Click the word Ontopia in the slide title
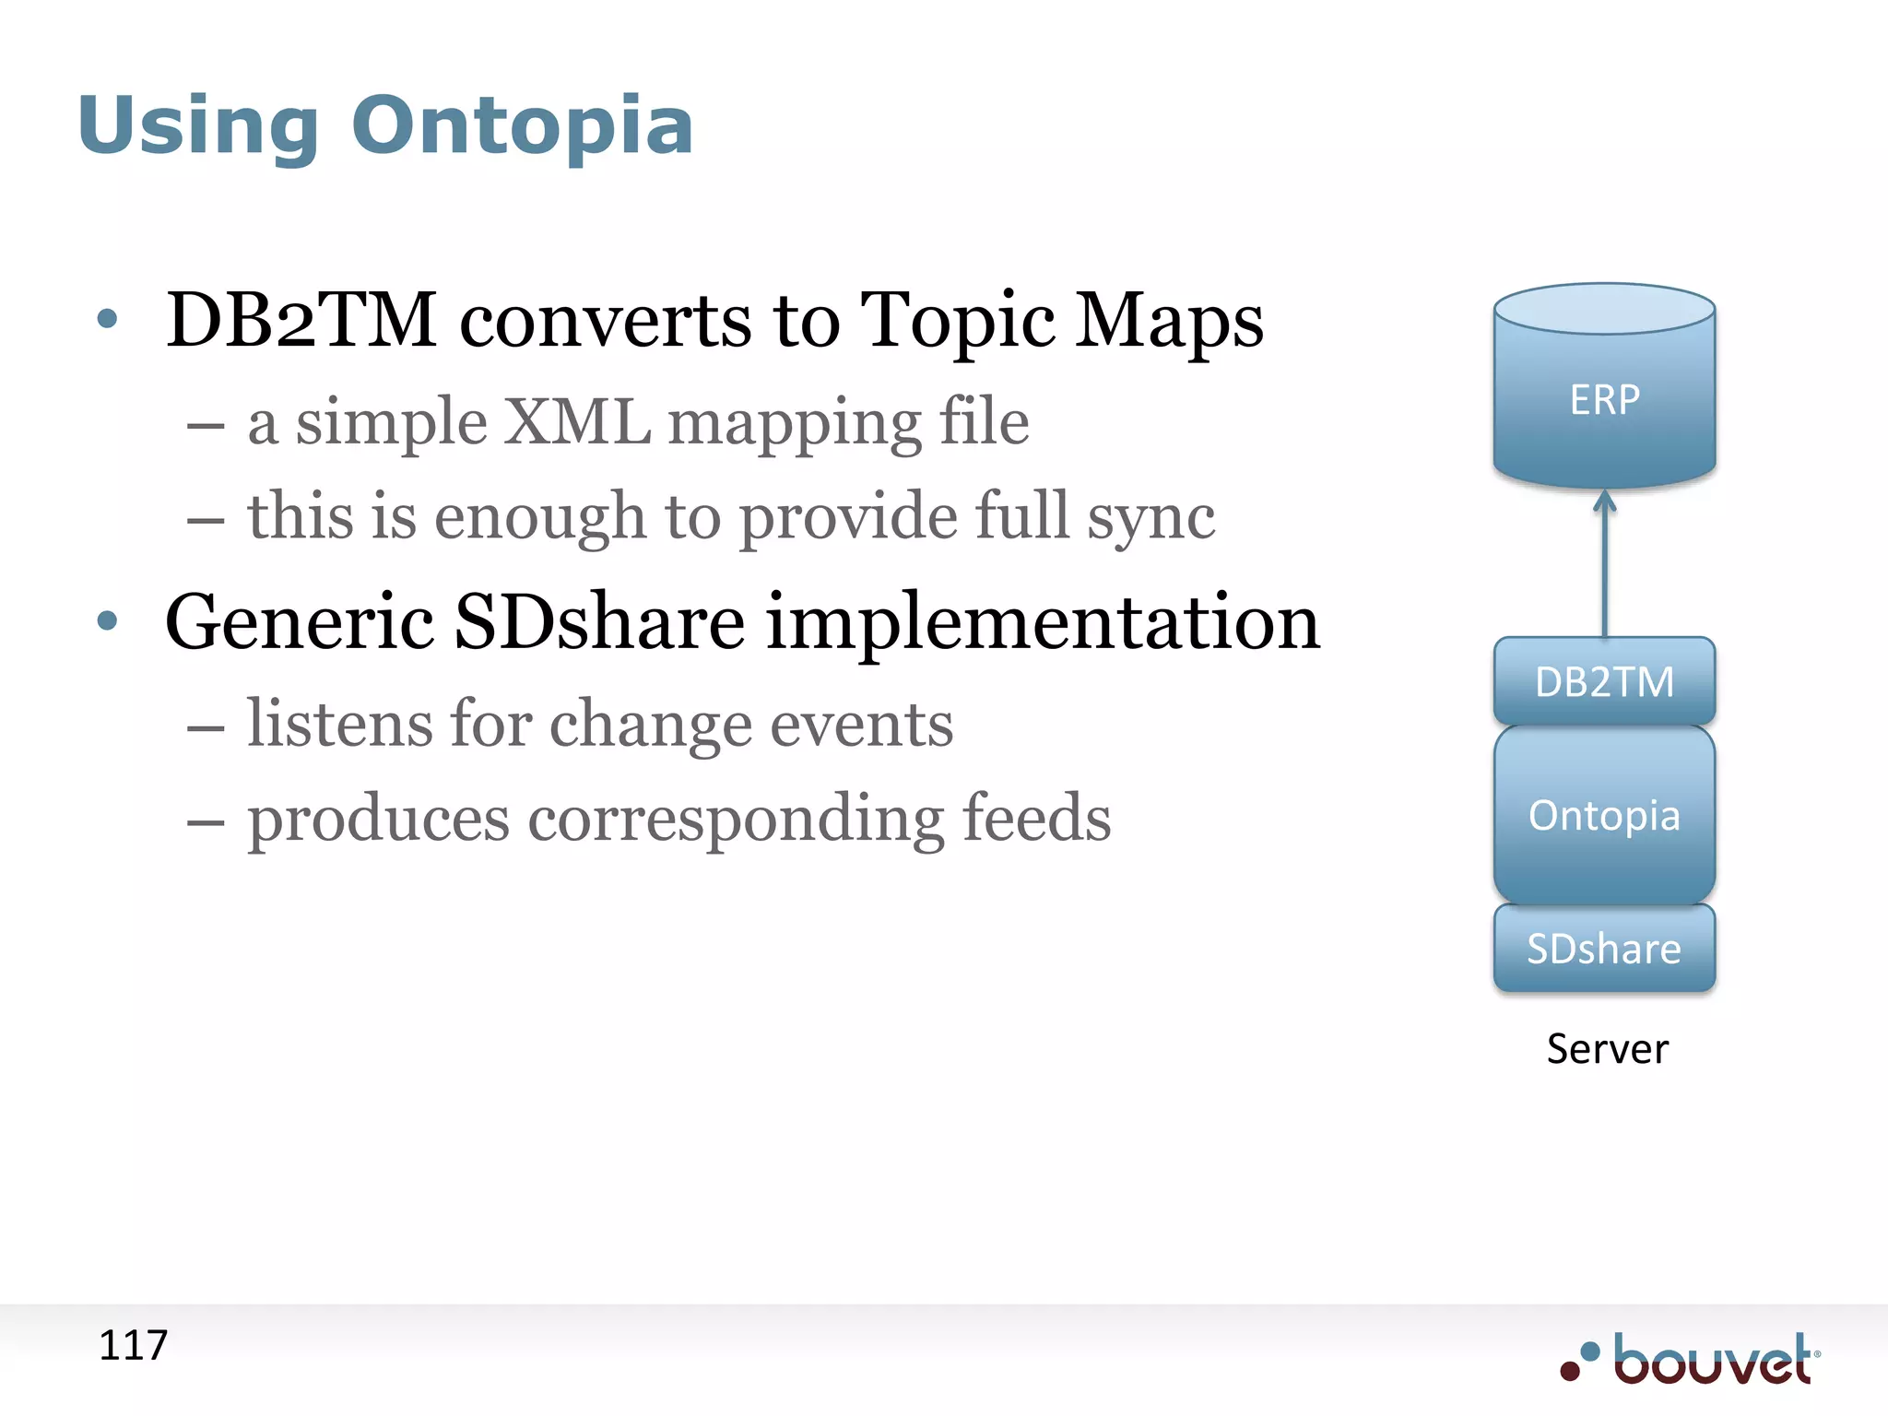pyautogui.click(x=522, y=126)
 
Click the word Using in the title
pyautogui.click(x=198, y=126)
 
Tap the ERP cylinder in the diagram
pyautogui.click(x=1604, y=398)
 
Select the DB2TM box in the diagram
pyautogui.click(x=1604, y=681)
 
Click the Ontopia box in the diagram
pyautogui.click(x=1604, y=815)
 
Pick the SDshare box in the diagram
pyautogui.click(x=1604, y=949)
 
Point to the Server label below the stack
pyautogui.click(x=1607, y=1049)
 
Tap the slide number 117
pyautogui.click(x=133, y=1345)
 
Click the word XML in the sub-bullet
pyautogui.click(x=578, y=423)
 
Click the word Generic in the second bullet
pyautogui.click(x=299, y=622)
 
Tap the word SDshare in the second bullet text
pyautogui.click(x=599, y=622)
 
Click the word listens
pyautogui.click(x=338, y=724)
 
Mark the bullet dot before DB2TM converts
pyautogui.click(x=108, y=319)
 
